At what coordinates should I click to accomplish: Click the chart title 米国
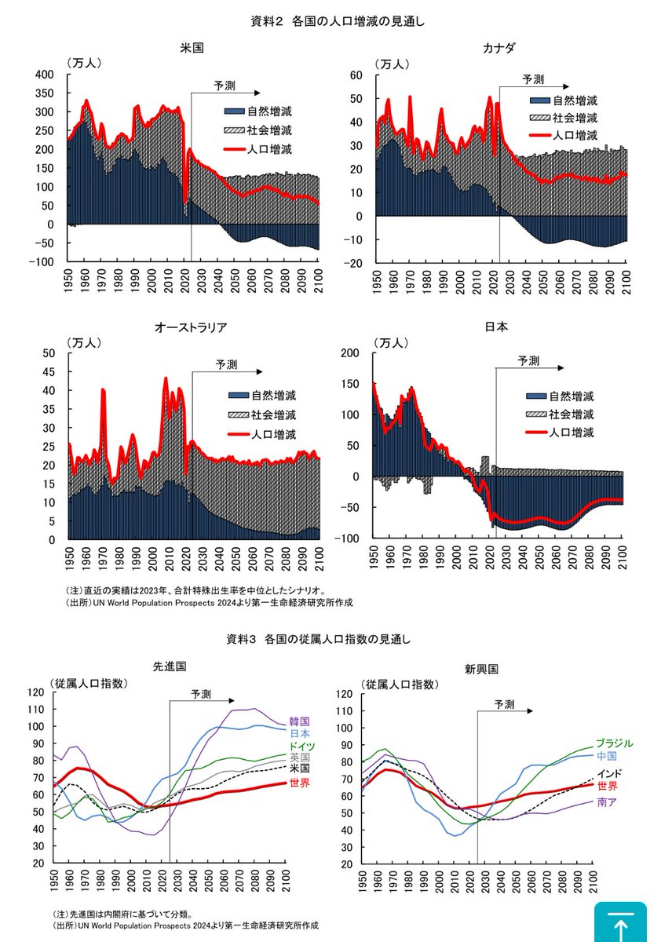(192, 48)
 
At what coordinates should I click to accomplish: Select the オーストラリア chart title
(192, 327)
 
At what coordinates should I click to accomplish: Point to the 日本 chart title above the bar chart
(499, 327)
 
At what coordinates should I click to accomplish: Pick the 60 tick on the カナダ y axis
(354, 75)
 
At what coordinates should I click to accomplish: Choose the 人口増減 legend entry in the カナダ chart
(575, 136)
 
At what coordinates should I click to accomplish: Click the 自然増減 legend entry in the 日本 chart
(571, 396)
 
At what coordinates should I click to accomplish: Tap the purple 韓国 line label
(299, 721)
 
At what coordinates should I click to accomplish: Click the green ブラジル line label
(614, 743)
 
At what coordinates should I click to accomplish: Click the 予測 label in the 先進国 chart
(201, 694)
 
